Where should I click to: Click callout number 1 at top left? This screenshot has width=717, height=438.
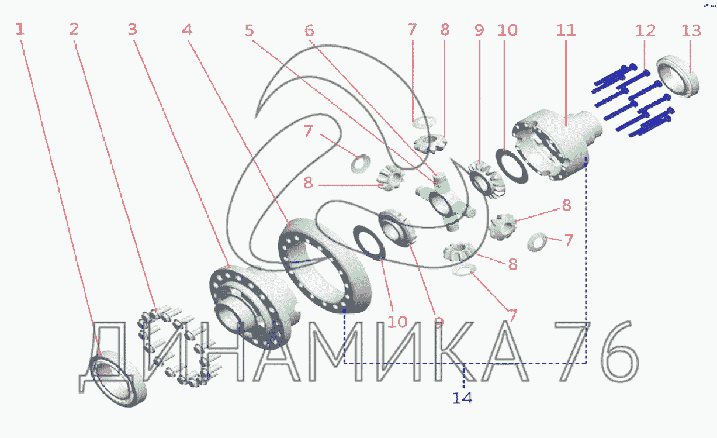click(20, 29)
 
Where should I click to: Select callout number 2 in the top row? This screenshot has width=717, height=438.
click(74, 29)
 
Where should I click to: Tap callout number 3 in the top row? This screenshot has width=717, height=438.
click(132, 29)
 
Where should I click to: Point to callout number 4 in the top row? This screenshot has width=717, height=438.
click(187, 30)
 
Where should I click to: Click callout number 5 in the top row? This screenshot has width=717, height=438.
click(250, 30)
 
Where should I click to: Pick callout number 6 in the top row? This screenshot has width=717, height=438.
click(309, 30)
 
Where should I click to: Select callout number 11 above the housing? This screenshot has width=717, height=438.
click(566, 30)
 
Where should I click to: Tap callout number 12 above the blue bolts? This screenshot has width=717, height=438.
click(645, 31)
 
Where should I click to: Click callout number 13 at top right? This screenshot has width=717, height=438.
click(691, 31)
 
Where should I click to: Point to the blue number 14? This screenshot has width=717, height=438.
click(462, 398)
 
